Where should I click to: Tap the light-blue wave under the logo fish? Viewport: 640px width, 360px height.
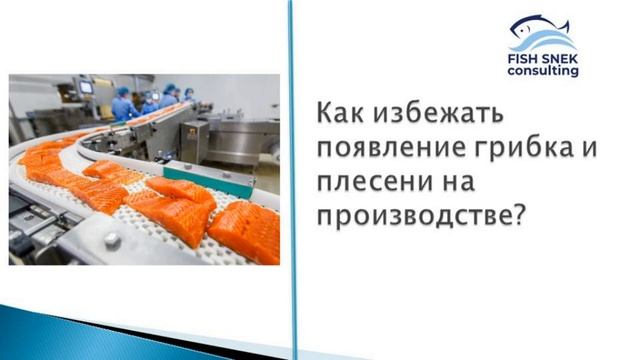point(545,45)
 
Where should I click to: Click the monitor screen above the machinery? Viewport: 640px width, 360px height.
point(86,86)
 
